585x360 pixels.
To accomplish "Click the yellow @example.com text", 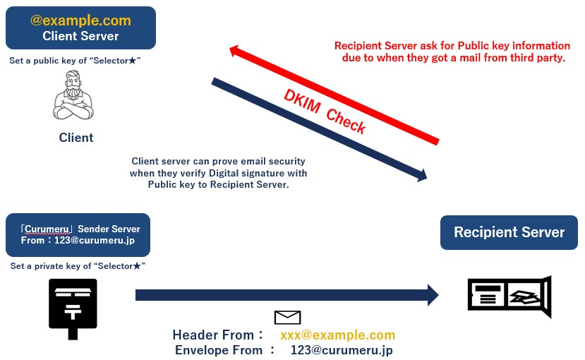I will click(80, 20).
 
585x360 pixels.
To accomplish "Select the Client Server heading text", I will click(80, 36).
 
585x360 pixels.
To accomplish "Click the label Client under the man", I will click(76, 138).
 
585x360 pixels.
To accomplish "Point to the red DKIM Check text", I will click(325, 112).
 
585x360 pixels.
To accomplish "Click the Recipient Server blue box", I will click(509, 232).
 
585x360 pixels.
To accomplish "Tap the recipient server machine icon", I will click(509, 296).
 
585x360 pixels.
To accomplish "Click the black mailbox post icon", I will click(73, 308).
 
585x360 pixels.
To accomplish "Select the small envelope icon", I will click(287, 318).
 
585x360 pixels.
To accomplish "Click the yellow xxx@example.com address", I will click(337, 335).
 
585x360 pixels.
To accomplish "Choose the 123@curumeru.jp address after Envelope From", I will click(342, 350).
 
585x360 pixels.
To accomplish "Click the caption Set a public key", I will click(75, 61).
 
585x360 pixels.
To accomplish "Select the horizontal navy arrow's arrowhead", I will click(432, 295).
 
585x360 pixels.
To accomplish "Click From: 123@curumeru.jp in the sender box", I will click(78, 241).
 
